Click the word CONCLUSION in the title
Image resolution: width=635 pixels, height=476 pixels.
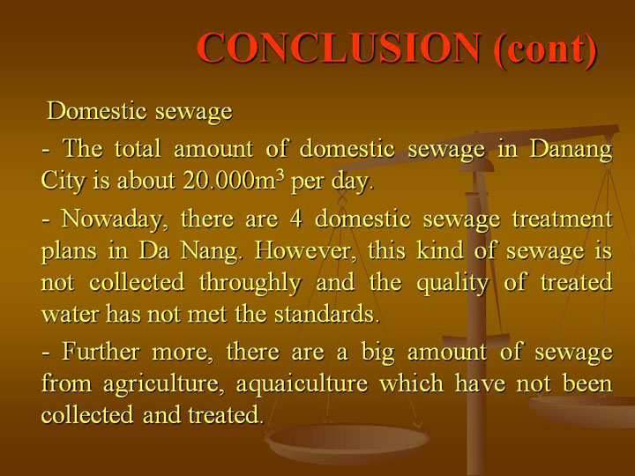point(340,48)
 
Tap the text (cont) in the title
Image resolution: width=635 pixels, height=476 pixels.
point(545,49)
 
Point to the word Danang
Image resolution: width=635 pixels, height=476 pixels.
point(571,149)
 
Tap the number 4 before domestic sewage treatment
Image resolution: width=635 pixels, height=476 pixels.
point(295,219)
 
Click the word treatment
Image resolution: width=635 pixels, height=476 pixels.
point(562,219)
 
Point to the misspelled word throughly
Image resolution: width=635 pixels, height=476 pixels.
point(250,283)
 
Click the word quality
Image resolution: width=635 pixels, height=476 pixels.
point(452,283)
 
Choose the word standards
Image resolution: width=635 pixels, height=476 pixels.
point(327,314)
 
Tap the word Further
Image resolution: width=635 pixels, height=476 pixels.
point(101,351)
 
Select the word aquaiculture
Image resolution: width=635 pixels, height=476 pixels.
point(302,383)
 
